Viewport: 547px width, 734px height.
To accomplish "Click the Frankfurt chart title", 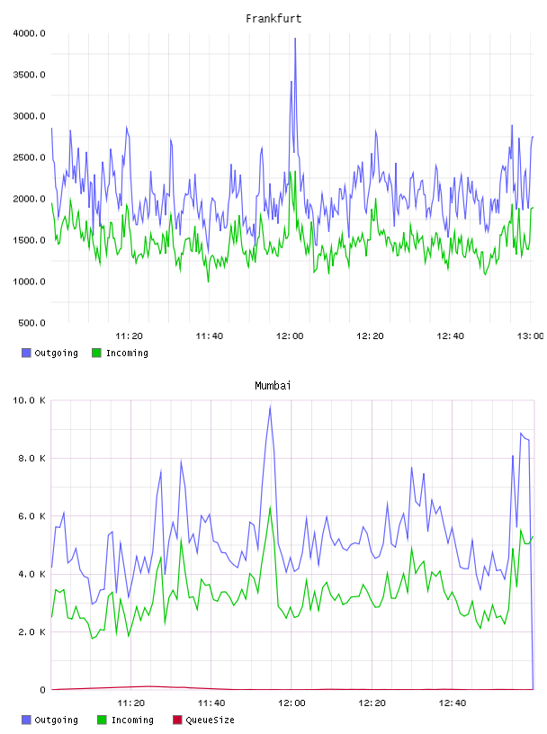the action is tap(273, 19).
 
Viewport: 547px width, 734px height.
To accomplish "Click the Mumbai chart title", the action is tap(273, 386).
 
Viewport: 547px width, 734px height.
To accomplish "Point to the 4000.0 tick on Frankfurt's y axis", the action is tap(29, 33).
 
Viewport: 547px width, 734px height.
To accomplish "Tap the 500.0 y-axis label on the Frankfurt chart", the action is tap(31, 323).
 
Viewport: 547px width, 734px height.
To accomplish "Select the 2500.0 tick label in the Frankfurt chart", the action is tap(29, 157).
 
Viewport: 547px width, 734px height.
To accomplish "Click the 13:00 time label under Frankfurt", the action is tap(530, 336).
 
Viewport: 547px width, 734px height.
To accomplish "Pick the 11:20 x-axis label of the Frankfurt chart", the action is tap(129, 336).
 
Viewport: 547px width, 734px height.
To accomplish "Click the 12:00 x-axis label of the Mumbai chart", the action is tap(291, 703).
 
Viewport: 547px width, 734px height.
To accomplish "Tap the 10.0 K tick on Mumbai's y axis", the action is tap(29, 400).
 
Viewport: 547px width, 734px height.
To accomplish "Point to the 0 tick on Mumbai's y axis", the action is tap(42, 690).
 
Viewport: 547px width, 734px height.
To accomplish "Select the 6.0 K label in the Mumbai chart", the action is tap(31, 515).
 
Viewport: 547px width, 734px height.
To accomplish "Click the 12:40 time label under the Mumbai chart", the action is tap(453, 703).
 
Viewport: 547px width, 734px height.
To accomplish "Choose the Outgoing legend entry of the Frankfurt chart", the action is tap(49, 353).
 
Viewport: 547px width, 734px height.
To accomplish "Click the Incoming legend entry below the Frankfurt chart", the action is tap(120, 353).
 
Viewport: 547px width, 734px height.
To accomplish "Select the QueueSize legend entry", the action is tap(203, 720).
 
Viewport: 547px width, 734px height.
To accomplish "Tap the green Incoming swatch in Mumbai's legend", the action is tap(102, 720).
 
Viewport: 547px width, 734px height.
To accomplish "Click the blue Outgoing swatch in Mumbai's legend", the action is tap(26, 720).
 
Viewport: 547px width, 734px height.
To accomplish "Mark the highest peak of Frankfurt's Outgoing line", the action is tap(295, 39).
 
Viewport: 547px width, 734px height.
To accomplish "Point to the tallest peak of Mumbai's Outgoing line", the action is tap(270, 407).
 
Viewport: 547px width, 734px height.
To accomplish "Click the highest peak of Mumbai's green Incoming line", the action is tap(270, 507).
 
